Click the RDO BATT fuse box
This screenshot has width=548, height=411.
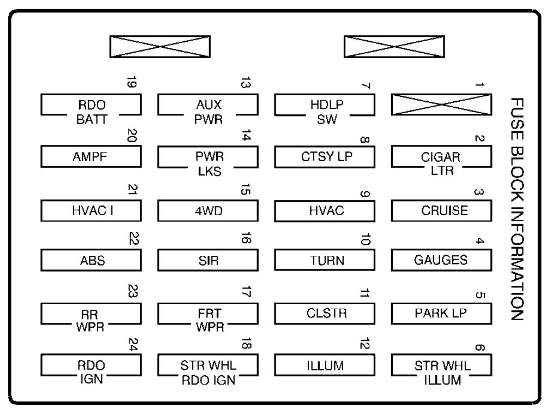coord(91,105)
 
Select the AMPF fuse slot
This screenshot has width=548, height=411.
coord(91,157)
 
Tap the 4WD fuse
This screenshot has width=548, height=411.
coord(208,211)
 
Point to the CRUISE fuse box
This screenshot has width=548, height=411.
coord(442,211)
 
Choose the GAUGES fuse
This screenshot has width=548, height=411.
coord(442,260)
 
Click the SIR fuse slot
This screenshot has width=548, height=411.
coord(208,260)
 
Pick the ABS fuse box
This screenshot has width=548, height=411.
coord(91,260)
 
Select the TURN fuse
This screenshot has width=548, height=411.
coord(325,260)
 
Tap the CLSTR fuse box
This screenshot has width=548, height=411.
coord(325,314)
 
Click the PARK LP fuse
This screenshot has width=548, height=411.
coord(442,314)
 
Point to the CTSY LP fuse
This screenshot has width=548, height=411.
coord(325,157)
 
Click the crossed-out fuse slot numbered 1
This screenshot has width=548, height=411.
coord(442,105)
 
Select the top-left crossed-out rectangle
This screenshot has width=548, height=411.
coord(160,46)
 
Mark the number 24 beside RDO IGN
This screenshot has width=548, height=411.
coord(133,344)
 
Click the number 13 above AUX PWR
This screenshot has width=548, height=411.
coord(246,82)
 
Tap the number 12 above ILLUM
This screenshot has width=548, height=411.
coord(364,344)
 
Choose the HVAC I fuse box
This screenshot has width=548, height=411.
coord(91,211)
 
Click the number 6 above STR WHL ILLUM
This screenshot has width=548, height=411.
coord(480,347)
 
